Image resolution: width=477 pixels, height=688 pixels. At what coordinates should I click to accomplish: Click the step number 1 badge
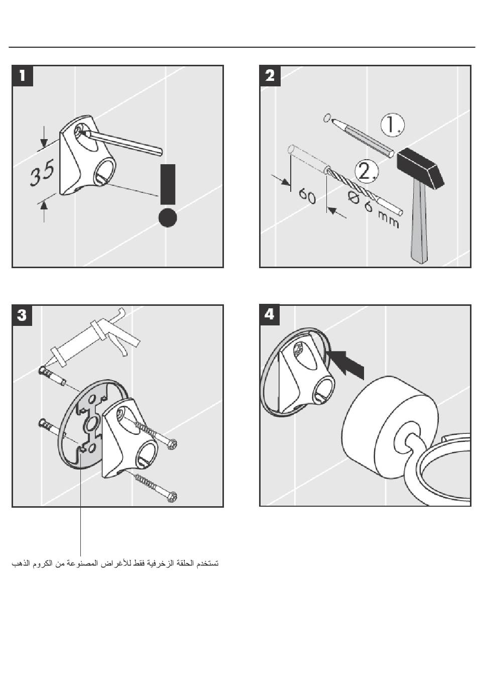(23, 76)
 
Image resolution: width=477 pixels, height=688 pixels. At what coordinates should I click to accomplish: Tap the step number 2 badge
(270, 76)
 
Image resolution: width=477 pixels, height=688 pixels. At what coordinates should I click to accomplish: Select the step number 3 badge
(23, 315)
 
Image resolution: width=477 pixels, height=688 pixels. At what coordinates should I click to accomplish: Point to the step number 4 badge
(270, 315)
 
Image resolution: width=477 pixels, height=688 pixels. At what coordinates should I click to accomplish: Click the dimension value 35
(42, 173)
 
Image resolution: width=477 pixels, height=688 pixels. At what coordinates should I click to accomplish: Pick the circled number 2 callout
(366, 171)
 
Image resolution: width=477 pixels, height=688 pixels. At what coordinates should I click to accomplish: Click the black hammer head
(420, 168)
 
